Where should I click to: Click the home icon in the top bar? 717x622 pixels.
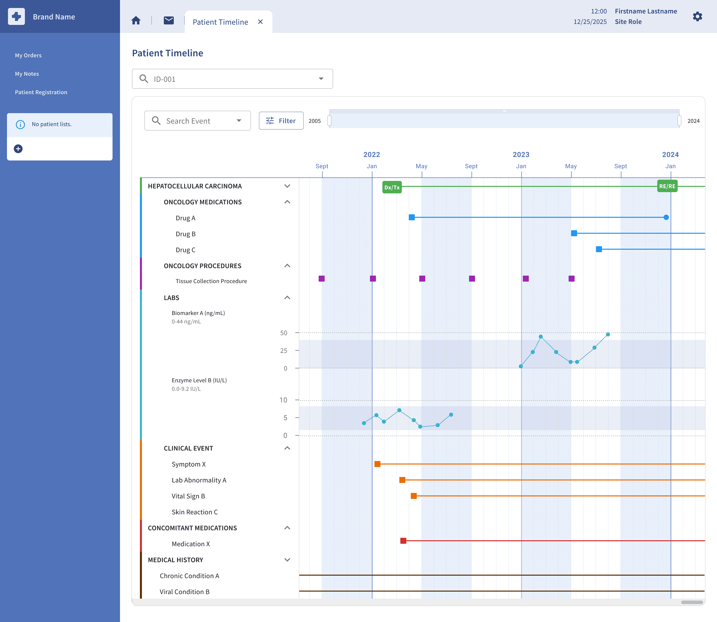[136, 20]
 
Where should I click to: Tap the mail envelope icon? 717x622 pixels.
[169, 20]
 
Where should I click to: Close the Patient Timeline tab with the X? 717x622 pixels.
[260, 22]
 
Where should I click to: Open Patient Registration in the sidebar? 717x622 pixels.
[41, 92]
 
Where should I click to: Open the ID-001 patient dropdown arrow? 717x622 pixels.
[321, 79]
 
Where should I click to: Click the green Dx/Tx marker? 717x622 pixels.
[392, 187]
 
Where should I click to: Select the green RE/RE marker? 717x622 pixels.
[667, 186]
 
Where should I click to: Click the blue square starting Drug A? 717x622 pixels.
[412, 217]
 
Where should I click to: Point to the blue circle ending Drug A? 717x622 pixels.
[666, 217]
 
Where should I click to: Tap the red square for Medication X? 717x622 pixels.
[403, 541]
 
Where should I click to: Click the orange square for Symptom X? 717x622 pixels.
[377, 464]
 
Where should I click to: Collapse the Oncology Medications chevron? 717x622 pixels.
[287, 202]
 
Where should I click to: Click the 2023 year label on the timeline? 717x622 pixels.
[521, 155]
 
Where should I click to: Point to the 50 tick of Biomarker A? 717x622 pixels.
[284, 333]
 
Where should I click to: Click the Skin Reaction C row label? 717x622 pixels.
[194, 512]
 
